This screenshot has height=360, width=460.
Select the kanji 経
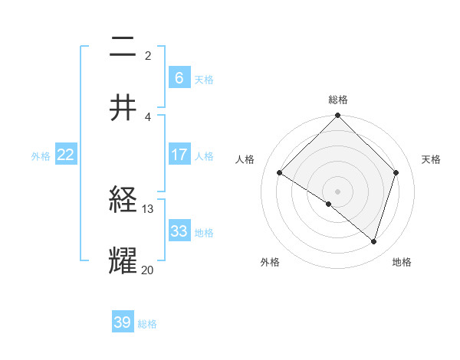tap(123, 201)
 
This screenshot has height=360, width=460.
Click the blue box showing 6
tap(179, 77)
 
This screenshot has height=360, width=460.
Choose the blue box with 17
tap(179, 155)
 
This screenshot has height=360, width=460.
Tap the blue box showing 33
tap(179, 231)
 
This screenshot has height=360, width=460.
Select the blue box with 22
tap(65, 155)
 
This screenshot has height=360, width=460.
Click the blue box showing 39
tap(123, 322)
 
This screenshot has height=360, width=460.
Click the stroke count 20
tap(148, 269)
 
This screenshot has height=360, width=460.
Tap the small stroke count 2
tap(148, 56)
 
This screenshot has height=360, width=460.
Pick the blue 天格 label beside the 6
tap(203, 79)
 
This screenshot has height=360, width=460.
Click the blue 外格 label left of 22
tap(41, 156)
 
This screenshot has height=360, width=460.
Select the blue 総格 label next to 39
tap(147, 324)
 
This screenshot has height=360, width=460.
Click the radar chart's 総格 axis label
tap(338, 100)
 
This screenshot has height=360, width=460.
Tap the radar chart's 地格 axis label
tap(402, 263)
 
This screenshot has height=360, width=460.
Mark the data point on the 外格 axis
tap(329, 204)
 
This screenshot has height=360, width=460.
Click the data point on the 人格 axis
tap(280, 173)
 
